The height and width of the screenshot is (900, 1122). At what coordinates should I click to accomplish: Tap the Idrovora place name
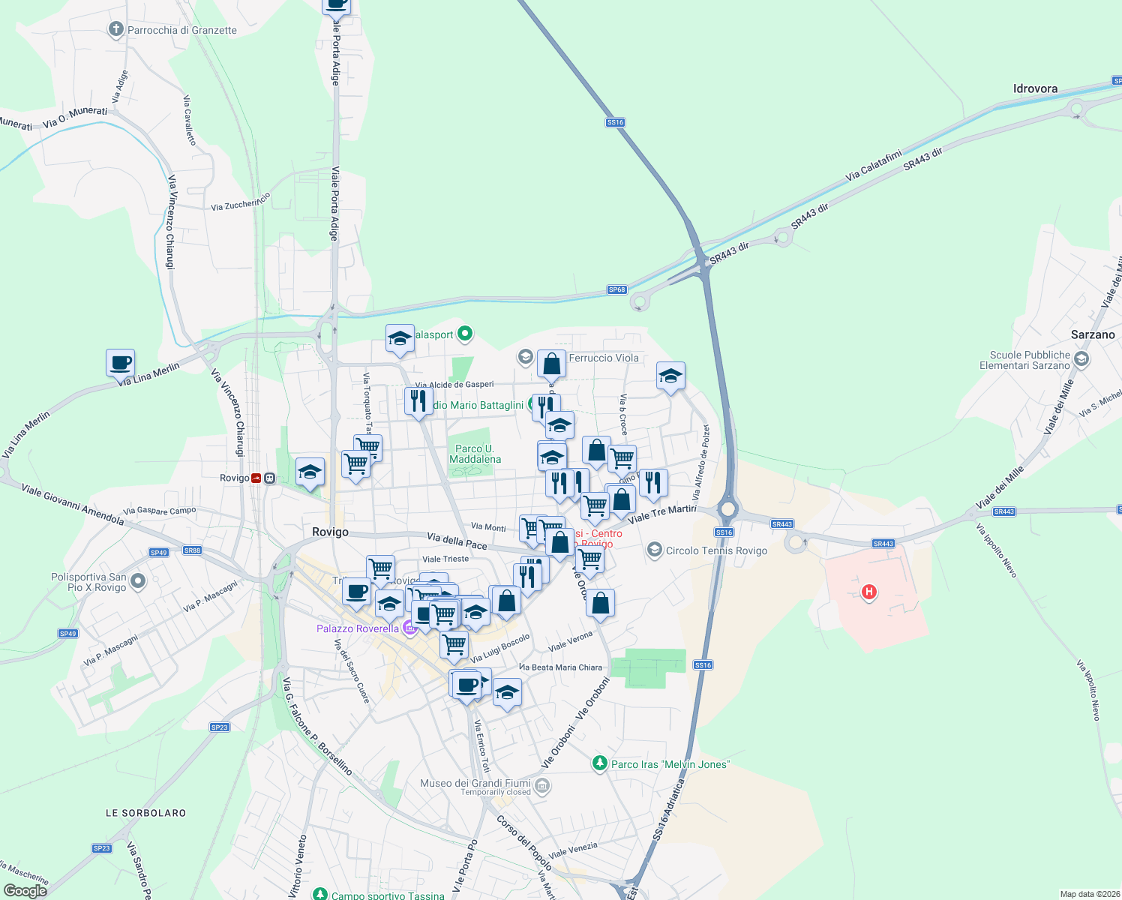1035,88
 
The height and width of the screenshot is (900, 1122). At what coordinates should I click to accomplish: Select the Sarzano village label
1093,334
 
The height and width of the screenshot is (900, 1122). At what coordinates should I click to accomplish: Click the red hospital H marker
869,592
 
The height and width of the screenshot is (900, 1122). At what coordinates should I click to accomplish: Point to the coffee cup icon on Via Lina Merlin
121,363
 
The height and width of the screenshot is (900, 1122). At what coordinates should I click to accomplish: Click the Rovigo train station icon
257,478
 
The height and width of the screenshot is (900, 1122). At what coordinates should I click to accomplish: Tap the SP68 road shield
616,289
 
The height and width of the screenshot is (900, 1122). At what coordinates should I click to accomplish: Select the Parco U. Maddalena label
475,454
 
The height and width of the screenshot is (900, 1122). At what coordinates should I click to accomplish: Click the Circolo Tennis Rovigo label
716,550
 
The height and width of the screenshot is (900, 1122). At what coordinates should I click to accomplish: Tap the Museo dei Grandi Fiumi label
475,783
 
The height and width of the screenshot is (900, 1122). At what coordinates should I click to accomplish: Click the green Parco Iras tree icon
599,763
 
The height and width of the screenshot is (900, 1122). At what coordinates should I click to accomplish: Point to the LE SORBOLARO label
145,813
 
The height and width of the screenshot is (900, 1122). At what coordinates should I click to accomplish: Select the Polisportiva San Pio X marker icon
138,580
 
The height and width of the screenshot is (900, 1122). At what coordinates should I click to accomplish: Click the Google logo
25,891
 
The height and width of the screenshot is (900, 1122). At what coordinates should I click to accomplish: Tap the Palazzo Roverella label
358,628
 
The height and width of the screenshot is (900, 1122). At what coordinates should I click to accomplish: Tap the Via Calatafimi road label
874,166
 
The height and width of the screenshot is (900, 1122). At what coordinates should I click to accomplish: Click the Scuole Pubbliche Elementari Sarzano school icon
1081,360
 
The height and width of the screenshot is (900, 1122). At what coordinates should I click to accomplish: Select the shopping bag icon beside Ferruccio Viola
551,364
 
